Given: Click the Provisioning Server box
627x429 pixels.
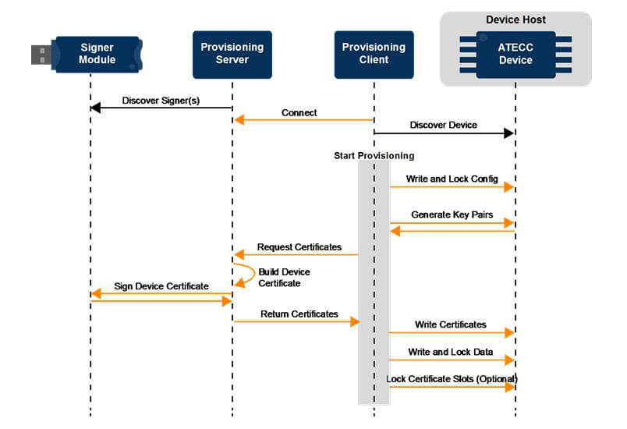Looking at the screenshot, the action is (x=232, y=55).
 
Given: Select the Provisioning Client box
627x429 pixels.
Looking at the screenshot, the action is (x=374, y=55).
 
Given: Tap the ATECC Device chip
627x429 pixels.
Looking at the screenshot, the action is (x=515, y=55).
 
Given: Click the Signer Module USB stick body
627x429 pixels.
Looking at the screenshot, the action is (x=97, y=54).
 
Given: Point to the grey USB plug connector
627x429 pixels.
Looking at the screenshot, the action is (x=41, y=55).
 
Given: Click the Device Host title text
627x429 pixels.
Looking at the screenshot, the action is (x=515, y=19).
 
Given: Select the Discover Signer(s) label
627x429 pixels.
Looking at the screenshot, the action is (x=161, y=101).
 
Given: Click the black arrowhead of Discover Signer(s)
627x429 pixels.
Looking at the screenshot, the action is (x=95, y=108).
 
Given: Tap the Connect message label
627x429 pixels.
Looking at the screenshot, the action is (x=299, y=113).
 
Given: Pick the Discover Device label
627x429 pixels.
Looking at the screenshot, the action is (x=444, y=125).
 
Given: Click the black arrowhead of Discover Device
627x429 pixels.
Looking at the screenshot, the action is (x=508, y=133).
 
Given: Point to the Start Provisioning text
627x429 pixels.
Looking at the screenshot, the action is (x=374, y=155).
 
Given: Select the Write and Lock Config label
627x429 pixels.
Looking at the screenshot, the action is (x=452, y=179).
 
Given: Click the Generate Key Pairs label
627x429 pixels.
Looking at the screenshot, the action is (x=452, y=214).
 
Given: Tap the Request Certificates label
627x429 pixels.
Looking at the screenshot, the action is (x=299, y=247).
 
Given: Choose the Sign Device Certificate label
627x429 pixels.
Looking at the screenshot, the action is (x=161, y=286).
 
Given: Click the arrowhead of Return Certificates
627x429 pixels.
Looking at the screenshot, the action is (x=355, y=321).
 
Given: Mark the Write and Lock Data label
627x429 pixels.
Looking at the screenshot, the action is (x=450, y=352).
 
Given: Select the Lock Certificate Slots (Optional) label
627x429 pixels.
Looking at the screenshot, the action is (x=452, y=378).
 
